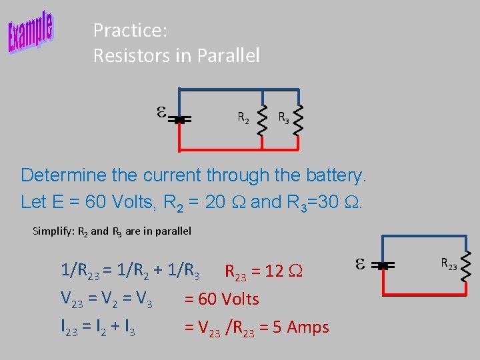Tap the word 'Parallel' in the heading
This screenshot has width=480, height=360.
[x=228, y=56]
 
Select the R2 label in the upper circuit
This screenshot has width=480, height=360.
[x=244, y=119]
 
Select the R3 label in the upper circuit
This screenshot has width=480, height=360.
[x=284, y=119]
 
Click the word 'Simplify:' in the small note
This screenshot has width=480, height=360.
[x=53, y=231]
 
